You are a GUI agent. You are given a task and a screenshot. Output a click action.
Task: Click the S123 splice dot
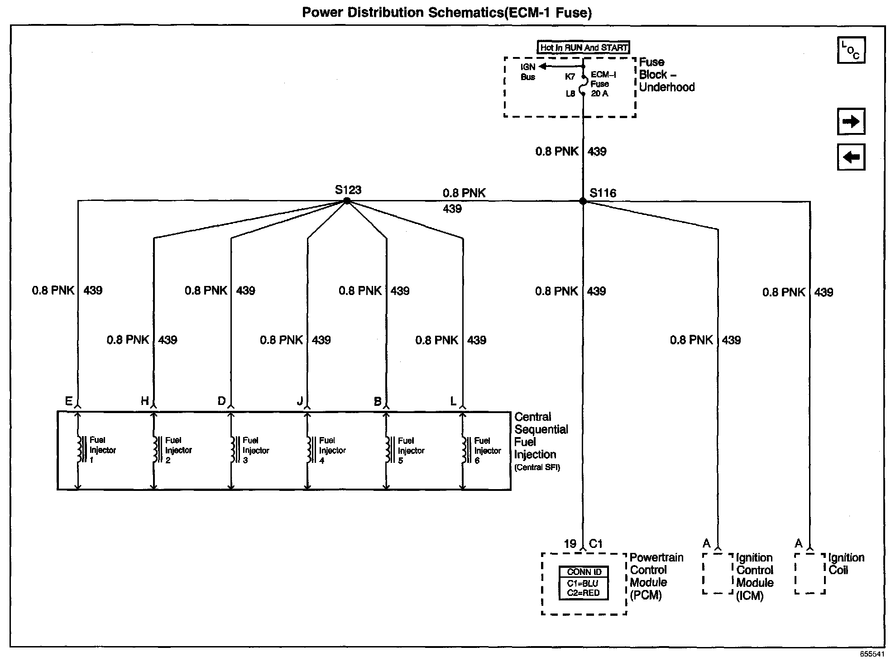click(347, 201)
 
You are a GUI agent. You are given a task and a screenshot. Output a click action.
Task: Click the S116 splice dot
click(583, 201)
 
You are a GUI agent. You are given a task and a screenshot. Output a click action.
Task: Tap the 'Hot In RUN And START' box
click(584, 48)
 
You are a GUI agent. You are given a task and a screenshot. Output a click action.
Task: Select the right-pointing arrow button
click(851, 121)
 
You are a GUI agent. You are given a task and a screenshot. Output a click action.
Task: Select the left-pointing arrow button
click(851, 157)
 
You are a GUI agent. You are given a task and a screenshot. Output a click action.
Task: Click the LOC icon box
click(851, 50)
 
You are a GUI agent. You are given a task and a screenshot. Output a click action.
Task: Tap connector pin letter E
click(69, 401)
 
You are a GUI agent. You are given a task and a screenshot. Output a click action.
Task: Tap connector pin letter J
click(300, 401)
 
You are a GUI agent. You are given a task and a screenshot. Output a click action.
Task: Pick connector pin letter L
click(453, 401)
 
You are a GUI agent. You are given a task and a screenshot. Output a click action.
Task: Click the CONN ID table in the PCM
click(584, 583)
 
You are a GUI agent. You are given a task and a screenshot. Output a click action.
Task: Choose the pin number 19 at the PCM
click(570, 544)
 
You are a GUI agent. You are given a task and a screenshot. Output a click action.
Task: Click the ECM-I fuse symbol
click(583, 84)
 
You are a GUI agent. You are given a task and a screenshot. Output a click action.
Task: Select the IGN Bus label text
click(528, 72)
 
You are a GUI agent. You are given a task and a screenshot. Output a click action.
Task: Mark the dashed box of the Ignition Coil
click(810, 573)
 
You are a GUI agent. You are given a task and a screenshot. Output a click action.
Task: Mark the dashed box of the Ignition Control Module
click(718, 573)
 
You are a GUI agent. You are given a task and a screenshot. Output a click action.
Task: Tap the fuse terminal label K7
click(570, 76)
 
